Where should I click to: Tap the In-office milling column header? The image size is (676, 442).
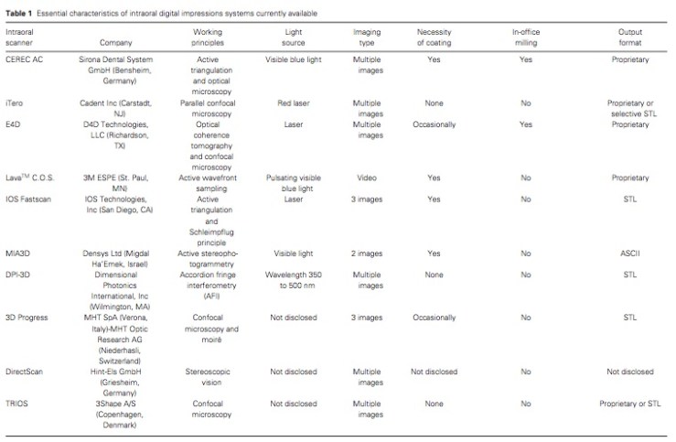pyautogui.click(x=525, y=37)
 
